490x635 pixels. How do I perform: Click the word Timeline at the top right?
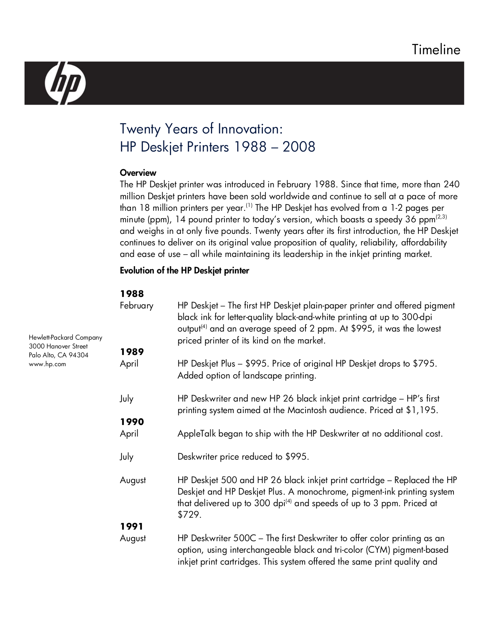436,50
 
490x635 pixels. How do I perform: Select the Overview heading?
138,173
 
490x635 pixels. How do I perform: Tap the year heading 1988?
132,294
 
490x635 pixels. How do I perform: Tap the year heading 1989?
132,352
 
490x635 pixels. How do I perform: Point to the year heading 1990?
132,422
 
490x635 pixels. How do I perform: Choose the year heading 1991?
132,527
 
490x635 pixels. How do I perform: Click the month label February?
136,306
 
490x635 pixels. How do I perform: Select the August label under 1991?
133,538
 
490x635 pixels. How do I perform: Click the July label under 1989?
126,399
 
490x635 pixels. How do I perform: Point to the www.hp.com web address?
48,364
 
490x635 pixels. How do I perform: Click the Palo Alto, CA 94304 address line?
58,355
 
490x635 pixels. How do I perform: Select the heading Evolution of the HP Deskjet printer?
184,270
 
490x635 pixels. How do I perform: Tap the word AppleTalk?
197,434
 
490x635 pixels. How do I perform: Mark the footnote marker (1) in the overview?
249,206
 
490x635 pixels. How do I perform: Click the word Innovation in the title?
250,129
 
